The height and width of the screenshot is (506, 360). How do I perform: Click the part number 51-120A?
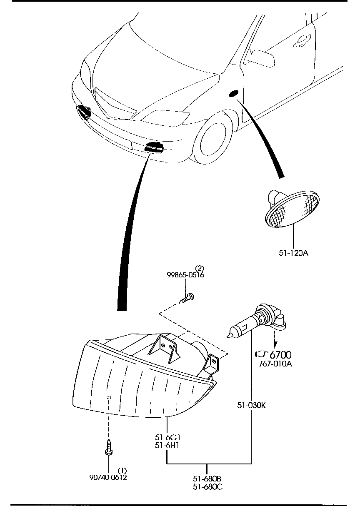click(x=293, y=253)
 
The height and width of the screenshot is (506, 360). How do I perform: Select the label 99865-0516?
click(x=185, y=275)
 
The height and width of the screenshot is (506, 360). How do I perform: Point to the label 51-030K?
click(x=251, y=405)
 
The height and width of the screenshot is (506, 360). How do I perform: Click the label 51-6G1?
click(x=167, y=437)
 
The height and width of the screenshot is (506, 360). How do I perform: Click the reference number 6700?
click(x=280, y=355)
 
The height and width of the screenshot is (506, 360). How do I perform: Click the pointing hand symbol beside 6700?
click(x=261, y=354)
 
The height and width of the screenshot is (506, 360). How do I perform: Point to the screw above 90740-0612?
click(x=109, y=449)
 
